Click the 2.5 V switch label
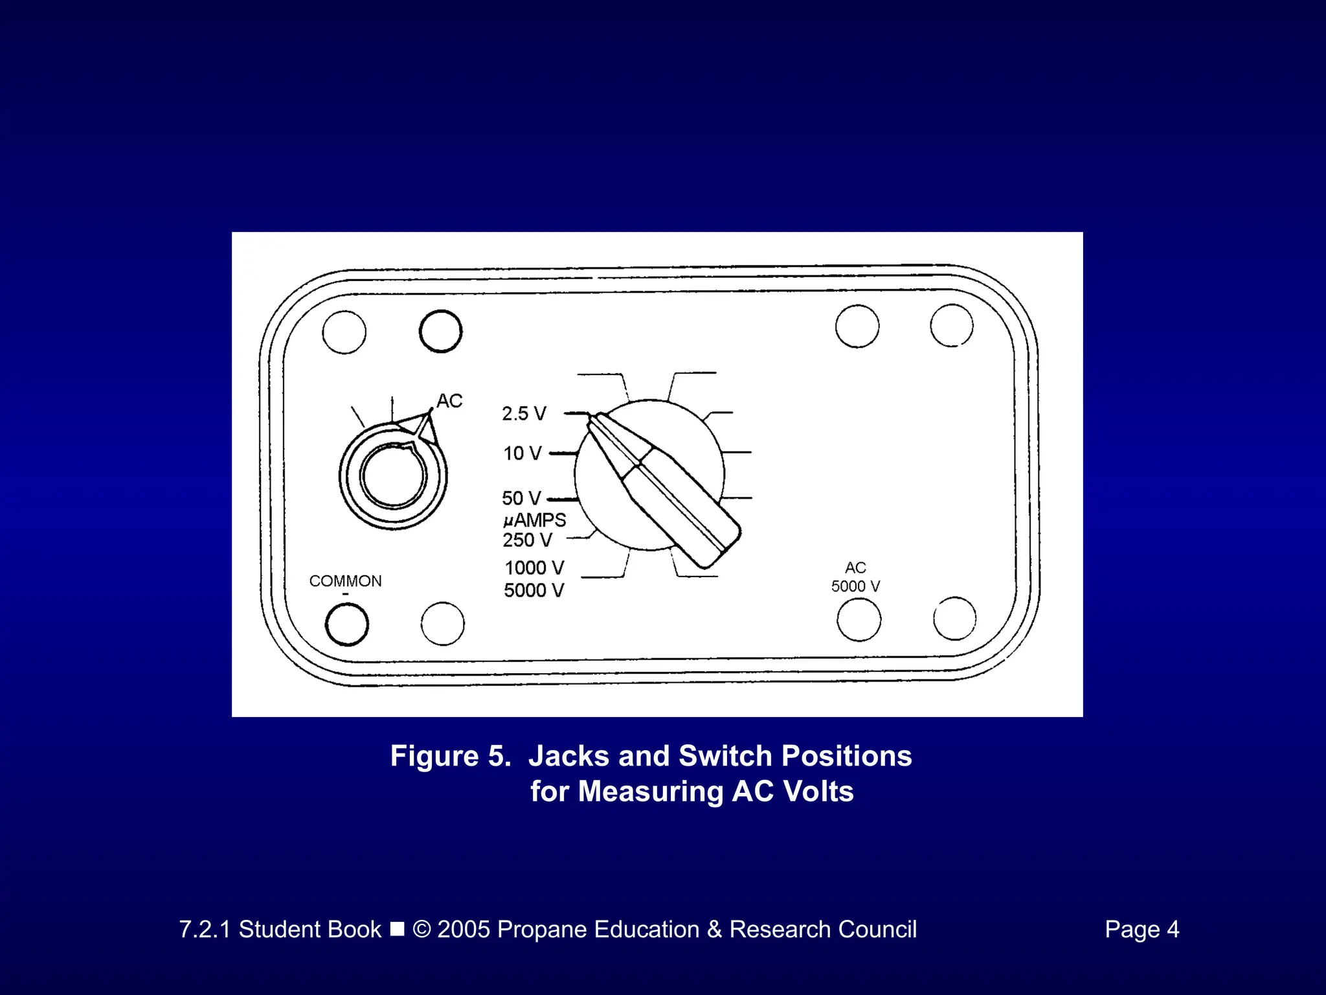click(524, 413)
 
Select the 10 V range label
click(522, 453)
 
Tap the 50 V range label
click(521, 498)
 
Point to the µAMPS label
click(534, 520)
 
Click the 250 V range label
click(528, 540)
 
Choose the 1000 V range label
click(534, 568)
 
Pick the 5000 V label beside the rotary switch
click(534, 591)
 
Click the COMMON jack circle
click(347, 624)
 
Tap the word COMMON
click(345, 581)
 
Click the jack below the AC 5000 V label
click(859, 620)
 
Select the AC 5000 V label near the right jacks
click(855, 577)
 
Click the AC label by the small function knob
click(449, 401)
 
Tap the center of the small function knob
click(393, 476)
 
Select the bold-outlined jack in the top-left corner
click(440, 332)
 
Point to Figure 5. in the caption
click(451, 756)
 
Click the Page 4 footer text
click(1141, 930)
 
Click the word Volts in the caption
click(816, 792)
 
